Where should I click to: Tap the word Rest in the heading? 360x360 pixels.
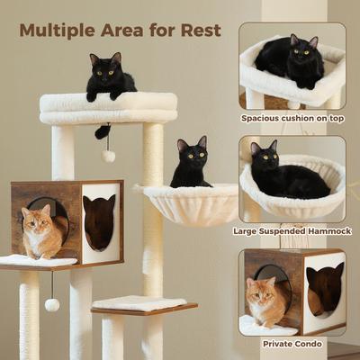coord(200,29)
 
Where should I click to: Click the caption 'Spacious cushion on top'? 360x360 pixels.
coord(292,118)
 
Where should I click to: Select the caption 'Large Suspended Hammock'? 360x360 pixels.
coord(292,230)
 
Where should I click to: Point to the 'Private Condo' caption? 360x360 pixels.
coord(292,343)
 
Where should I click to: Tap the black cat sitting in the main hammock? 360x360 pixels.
coord(191,164)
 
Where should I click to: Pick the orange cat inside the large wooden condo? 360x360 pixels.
coord(41,231)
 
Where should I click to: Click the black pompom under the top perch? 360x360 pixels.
coord(103,132)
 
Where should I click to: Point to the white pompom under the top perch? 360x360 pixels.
coord(108,156)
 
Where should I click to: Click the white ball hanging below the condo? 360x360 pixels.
coord(52,305)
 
